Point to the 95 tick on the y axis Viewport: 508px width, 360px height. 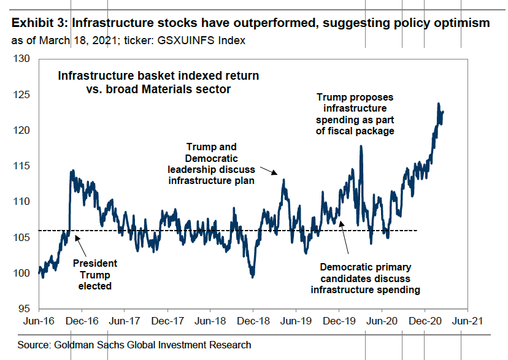click(x=23, y=308)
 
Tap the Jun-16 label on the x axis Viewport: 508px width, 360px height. click(x=39, y=321)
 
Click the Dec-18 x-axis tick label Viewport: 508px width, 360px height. click(x=253, y=321)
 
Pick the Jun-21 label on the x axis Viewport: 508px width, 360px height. click(x=467, y=321)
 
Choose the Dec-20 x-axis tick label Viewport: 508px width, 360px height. click(x=424, y=321)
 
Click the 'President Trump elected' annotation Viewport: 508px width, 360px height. click(x=95, y=274)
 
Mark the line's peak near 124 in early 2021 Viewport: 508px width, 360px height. click(x=439, y=104)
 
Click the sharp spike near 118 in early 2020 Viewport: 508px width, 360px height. click(x=361, y=146)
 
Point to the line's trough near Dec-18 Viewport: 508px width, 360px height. click(x=252, y=277)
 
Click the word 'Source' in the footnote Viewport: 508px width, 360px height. click(x=28, y=345)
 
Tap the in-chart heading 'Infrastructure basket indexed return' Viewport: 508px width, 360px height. click(x=158, y=76)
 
